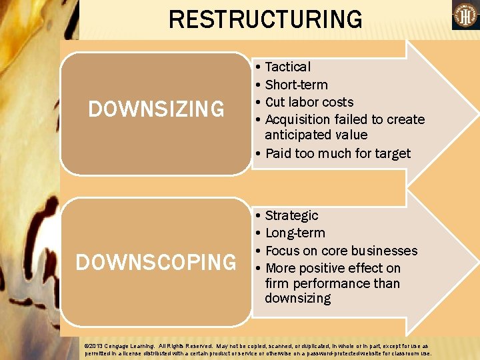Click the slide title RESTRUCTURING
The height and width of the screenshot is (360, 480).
tap(265, 19)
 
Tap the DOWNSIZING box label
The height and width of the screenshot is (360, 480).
tap(157, 109)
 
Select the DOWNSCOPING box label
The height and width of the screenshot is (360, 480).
tap(156, 262)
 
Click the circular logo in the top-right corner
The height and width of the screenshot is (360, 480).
tap(465, 15)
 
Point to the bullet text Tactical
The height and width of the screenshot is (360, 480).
tap(287, 67)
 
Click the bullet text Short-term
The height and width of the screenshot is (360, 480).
tap(296, 85)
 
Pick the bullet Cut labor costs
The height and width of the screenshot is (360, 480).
tap(309, 102)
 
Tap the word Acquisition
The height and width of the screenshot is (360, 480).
tap(298, 119)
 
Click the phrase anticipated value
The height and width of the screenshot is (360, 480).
tap(316, 135)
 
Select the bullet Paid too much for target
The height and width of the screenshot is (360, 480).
tap(338, 153)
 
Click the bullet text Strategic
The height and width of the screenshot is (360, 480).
tap(291, 215)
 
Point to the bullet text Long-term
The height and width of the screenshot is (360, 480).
tap(295, 233)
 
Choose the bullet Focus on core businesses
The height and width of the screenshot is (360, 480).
tap(341, 251)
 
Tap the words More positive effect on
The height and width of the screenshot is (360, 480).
tap(333, 268)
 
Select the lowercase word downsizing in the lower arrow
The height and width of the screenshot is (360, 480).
tap(297, 298)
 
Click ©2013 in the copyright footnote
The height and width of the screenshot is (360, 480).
tap(93, 346)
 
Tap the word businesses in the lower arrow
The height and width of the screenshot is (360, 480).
tap(387, 251)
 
